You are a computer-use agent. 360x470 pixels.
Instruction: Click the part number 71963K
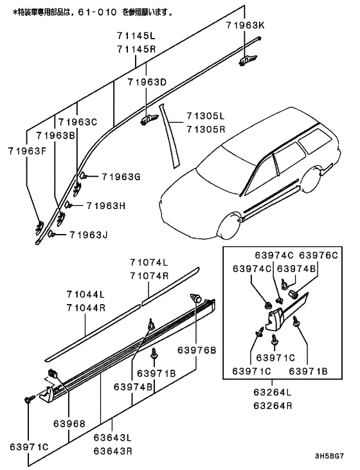coord(246,25)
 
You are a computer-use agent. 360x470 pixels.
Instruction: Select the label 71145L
coord(136,36)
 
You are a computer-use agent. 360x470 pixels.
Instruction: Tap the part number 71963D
coord(147,82)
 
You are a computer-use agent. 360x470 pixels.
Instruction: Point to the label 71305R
coord(206,129)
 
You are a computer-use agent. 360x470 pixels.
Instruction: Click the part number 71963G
coord(121,177)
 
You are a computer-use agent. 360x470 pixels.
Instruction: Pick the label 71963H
coord(106,206)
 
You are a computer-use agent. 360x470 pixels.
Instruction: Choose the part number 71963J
coord(89,235)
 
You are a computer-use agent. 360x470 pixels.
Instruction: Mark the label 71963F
coord(27,150)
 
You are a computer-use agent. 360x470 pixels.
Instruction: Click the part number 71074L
coord(149,262)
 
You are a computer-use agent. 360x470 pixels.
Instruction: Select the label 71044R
coord(86,308)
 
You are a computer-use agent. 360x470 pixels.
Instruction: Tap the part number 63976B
coord(197,350)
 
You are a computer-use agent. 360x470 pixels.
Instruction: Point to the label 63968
coord(69,424)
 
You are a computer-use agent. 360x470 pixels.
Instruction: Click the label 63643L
coord(113,438)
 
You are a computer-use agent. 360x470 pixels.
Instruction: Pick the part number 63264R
coord(273,406)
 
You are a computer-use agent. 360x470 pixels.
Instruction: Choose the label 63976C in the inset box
coord(318,255)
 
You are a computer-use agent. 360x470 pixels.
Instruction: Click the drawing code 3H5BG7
coord(329,456)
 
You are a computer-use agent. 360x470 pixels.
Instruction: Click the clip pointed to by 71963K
coord(248,60)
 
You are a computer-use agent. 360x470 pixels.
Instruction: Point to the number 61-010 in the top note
coord(97,12)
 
